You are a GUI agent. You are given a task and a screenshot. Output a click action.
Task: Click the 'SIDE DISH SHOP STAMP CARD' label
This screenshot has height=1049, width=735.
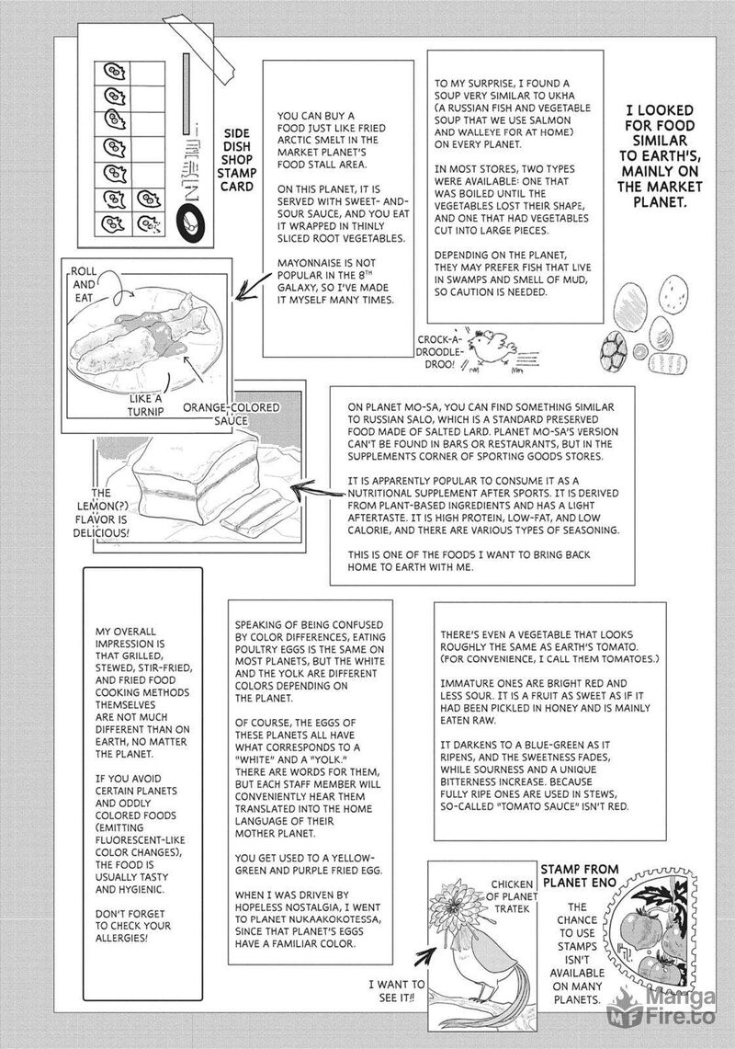point(237,161)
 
